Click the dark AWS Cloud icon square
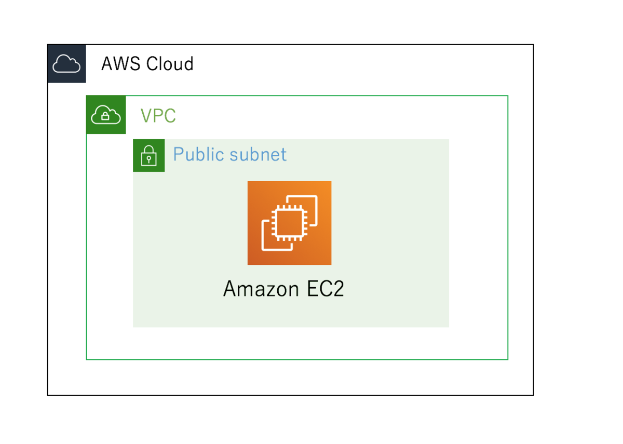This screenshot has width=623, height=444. coord(66,64)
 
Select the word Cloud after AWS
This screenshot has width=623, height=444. coord(170,64)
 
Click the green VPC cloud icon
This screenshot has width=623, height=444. coord(106,115)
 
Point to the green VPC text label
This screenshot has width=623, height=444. coord(158,116)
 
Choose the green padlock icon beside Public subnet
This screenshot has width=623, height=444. coord(149,155)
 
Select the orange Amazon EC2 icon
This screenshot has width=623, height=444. coord(289,223)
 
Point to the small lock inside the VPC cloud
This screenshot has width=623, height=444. coord(106,116)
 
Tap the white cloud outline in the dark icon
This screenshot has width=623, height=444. coord(66,64)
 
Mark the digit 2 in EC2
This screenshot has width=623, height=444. coord(337,289)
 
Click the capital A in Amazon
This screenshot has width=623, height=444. coord(229,289)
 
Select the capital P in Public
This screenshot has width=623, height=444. coord(179,155)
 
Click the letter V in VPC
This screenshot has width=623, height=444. coord(146,116)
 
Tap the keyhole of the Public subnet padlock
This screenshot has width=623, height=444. coord(149,158)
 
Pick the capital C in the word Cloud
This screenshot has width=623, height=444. coord(153,64)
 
